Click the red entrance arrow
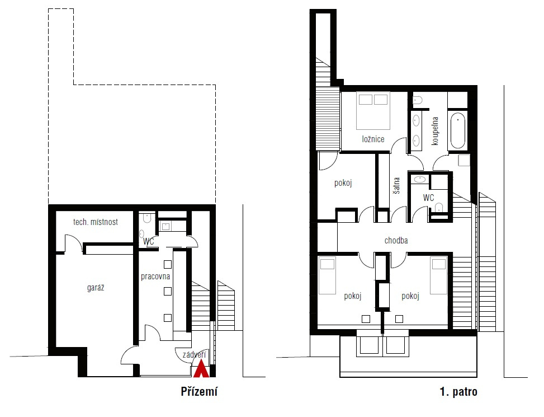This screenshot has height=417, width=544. click(201, 369)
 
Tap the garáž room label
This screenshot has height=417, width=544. click(96, 288)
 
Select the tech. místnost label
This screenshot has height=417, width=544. click(96, 222)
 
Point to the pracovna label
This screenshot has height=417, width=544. click(155, 277)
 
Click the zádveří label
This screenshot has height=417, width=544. click(195, 354)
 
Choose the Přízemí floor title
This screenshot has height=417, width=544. click(199, 391)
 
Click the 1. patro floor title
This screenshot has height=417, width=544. click(458, 392)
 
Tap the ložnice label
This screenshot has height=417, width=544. click(373, 139)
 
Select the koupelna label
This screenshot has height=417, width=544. click(435, 131)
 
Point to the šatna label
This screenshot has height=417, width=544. click(396, 185)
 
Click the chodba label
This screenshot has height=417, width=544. click(396, 240)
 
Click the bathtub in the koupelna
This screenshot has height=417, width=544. click(457, 130)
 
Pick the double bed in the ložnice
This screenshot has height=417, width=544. click(373, 111)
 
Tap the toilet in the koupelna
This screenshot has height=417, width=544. click(418, 100)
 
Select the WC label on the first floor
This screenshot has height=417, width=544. click(428, 198)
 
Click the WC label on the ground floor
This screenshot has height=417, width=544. click(149, 241)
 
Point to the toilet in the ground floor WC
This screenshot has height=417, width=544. click(147, 218)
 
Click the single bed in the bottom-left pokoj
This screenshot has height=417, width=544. click(327, 275)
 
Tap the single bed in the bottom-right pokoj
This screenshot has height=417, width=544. click(439, 275)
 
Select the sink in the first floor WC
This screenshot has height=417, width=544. click(420, 180)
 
